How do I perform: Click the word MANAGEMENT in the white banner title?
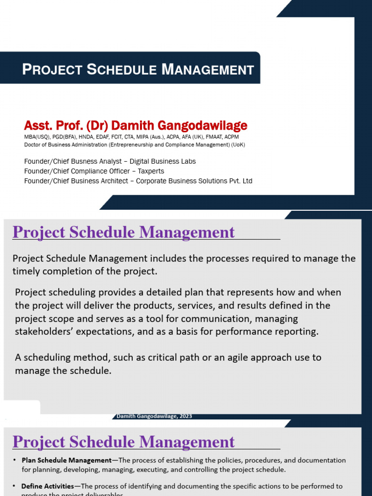(x=208, y=70)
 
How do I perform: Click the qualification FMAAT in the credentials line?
(x=205, y=137)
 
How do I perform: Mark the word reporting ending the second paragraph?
(x=299, y=331)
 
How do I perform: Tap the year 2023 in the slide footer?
(x=185, y=416)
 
